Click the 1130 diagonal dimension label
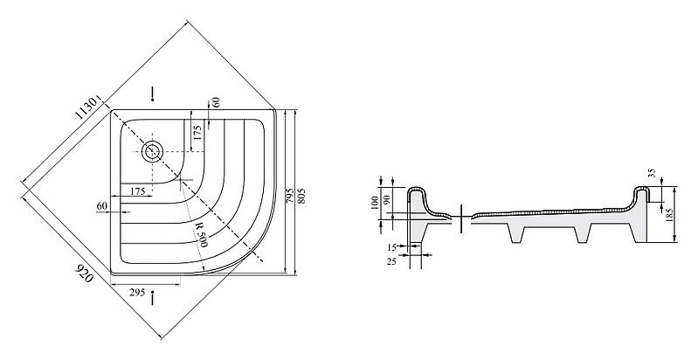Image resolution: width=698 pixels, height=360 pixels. coord(86,107)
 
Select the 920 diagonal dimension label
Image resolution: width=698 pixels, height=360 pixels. coord(84,273)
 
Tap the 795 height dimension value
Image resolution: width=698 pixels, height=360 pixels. coord(290,196)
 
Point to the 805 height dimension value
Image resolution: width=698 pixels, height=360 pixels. coord(301,196)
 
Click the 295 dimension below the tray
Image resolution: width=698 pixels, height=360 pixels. coord(137,293)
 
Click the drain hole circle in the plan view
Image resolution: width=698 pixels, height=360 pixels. coord(153,151)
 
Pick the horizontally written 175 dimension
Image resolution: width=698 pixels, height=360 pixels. coord(138,191)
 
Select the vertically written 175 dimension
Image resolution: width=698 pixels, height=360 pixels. coord(197,133)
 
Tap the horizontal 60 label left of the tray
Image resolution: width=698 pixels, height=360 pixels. coord(102,206)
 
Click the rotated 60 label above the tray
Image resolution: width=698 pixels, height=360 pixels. coord(216,102)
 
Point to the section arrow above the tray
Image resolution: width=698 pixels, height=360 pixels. coord(153,93)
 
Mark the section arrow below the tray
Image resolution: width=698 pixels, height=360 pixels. coord(153,298)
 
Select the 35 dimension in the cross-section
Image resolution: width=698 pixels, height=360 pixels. coord(653,173)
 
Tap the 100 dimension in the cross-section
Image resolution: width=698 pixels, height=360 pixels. coord(375,204)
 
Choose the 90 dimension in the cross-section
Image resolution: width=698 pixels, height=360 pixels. coord(386,199)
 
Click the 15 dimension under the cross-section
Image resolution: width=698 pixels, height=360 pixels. coord(391,246)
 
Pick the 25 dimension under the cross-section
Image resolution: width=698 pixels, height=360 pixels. coord(391,261)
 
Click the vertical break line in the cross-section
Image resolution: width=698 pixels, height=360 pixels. coord(461,218)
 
